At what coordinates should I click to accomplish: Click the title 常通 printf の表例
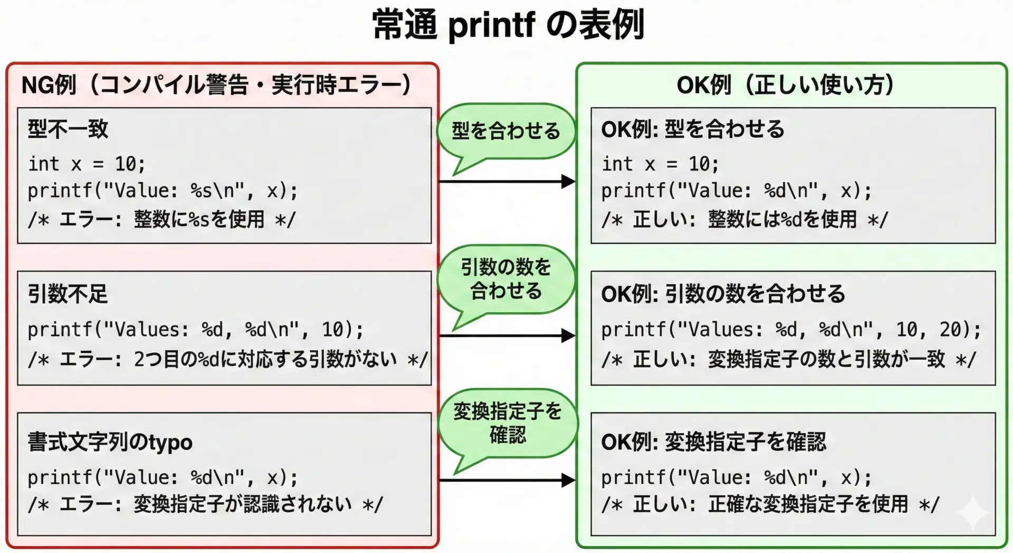508,25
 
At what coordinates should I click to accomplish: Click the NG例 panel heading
216,85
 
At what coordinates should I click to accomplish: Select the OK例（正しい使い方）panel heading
785,85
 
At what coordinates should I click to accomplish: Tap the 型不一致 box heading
68,129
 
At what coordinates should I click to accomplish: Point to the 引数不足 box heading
68,294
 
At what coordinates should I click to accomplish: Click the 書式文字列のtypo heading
110,442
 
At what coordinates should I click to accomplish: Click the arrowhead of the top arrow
569,182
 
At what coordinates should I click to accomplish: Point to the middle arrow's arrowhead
569,335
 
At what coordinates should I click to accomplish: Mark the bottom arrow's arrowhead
569,480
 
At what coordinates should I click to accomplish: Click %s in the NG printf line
201,191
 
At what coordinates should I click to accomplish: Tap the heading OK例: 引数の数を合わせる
723,294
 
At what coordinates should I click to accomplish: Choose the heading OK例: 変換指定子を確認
713,442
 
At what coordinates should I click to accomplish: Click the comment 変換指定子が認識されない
243,504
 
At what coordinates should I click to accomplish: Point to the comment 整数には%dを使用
782,219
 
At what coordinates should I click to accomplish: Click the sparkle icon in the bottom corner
973,512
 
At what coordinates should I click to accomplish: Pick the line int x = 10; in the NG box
87,164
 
